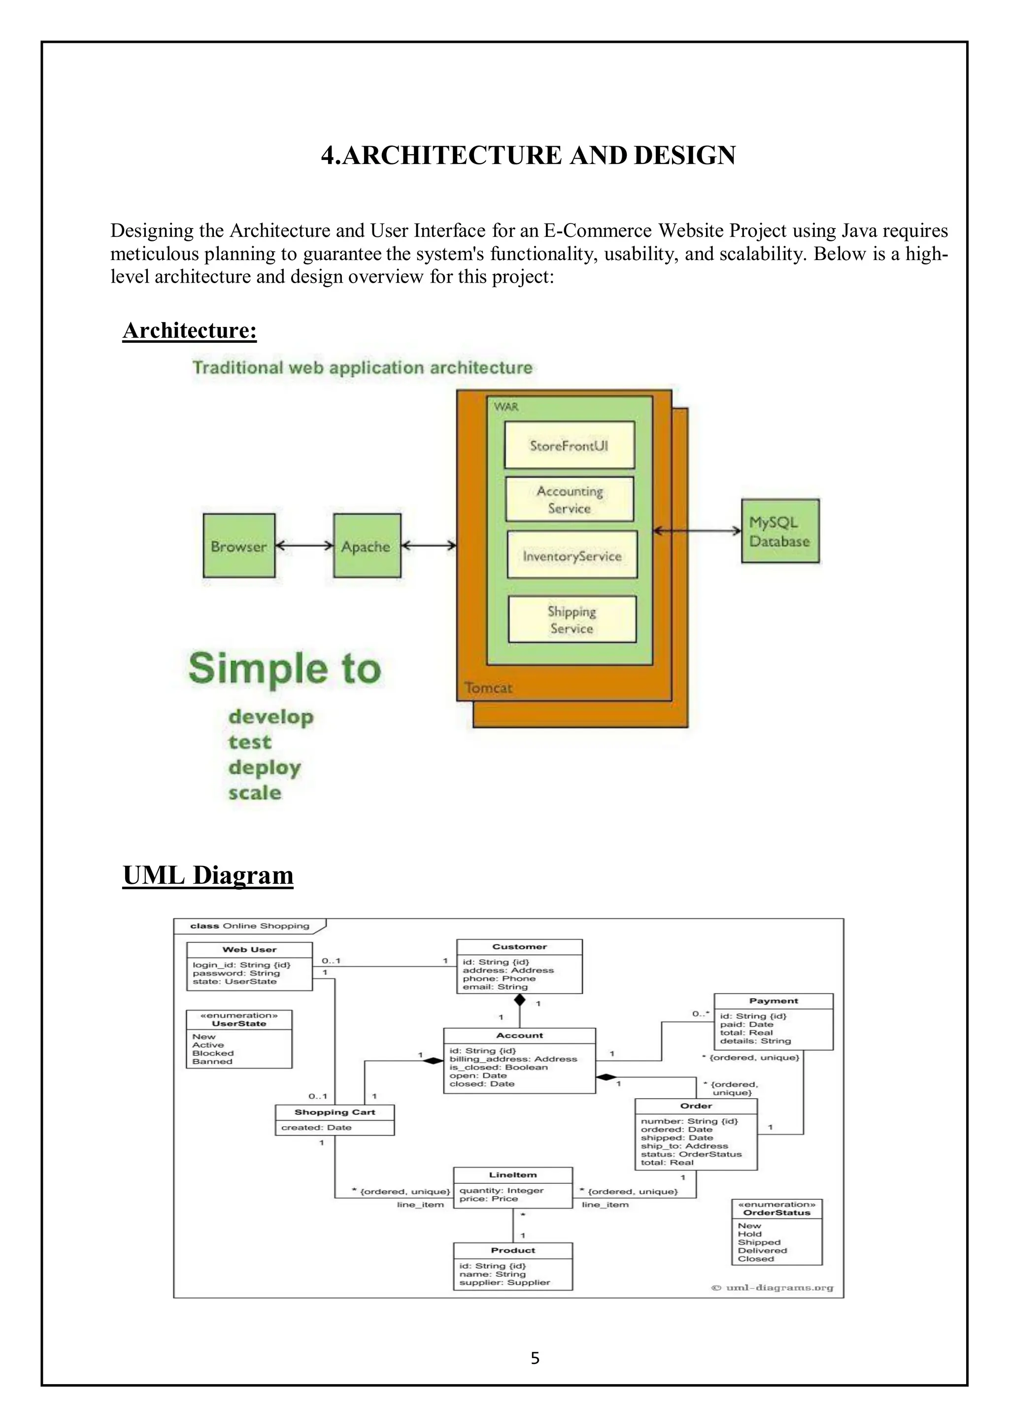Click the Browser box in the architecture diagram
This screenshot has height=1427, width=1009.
click(x=239, y=546)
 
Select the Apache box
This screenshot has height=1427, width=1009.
click(x=366, y=546)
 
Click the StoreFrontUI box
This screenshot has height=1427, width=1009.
click(x=569, y=445)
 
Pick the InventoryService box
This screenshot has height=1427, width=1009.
click(x=572, y=555)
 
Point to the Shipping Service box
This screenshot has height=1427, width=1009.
click(x=572, y=619)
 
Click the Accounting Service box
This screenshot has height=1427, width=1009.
click(x=570, y=499)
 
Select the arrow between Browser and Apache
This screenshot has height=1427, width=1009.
click(x=304, y=546)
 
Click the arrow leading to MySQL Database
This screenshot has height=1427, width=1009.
click(x=696, y=531)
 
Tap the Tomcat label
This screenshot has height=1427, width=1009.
click(x=489, y=688)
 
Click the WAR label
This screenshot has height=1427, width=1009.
click(x=506, y=406)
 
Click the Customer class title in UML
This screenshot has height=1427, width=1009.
click(x=519, y=946)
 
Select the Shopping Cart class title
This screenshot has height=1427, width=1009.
click(x=335, y=1112)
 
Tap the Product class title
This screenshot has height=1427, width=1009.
click(x=512, y=1250)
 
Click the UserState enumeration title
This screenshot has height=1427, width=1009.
click(x=239, y=1023)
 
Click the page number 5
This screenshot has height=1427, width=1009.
click(x=535, y=1358)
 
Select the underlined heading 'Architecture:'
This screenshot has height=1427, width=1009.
click(x=190, y=330)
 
